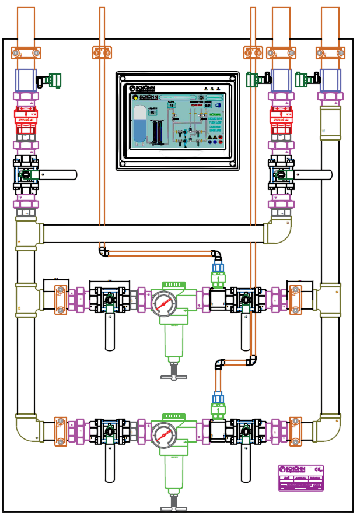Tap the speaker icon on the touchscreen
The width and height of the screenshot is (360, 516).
[218, 106]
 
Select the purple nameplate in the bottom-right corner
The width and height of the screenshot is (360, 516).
[300, 478]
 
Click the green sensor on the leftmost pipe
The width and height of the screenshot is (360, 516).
[54, 80]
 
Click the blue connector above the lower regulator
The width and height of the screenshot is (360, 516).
[218, 398]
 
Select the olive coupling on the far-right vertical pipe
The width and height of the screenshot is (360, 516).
[330, 122]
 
